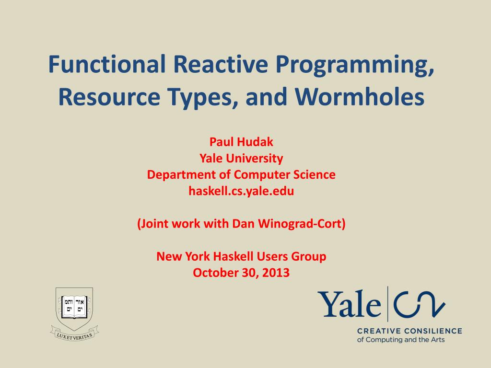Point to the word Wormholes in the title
tap(360, 96)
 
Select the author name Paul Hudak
tap(241, 142)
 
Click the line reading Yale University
tap(241, 158)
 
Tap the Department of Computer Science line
tap(241, 174)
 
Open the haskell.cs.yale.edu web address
tap(241, 191)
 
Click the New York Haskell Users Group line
tap(241, 256)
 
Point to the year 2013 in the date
tap(276, 273)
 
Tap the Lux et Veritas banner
tap(74, 334)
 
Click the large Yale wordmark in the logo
tap(349, 303)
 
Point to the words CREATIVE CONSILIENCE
tap(409, 331)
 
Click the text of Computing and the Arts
tap(401, 340)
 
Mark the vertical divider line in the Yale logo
tap(387, 304)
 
